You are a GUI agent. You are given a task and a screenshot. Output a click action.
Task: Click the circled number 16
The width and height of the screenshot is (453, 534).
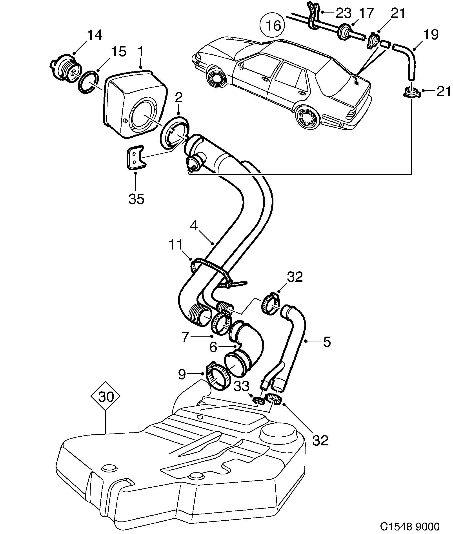click(x=273, y=26)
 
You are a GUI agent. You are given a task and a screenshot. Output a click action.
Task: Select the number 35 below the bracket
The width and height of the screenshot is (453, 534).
click(x=136, y=199)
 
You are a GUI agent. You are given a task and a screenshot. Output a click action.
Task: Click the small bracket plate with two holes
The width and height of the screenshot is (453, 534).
click(x=135, y=158)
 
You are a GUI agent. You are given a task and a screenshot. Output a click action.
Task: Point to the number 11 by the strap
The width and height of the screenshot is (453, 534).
click(x=176, y=244)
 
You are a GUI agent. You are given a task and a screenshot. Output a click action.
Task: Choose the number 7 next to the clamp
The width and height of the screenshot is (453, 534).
click(x=185, y=337)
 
